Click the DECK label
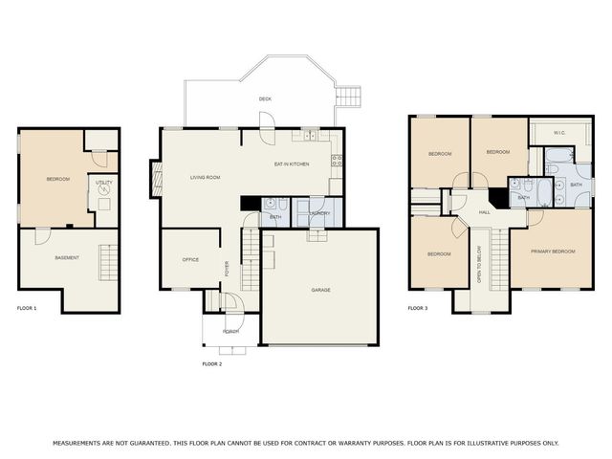265,99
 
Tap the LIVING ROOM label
205,177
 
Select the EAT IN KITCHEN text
292,164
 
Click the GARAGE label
320,289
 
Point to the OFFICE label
190,259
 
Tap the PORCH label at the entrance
230,331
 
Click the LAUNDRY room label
319,213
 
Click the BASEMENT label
66,257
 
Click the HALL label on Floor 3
484,212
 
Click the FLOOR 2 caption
211,364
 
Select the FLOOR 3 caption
418,308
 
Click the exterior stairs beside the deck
350,96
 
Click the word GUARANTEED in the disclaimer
140,443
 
